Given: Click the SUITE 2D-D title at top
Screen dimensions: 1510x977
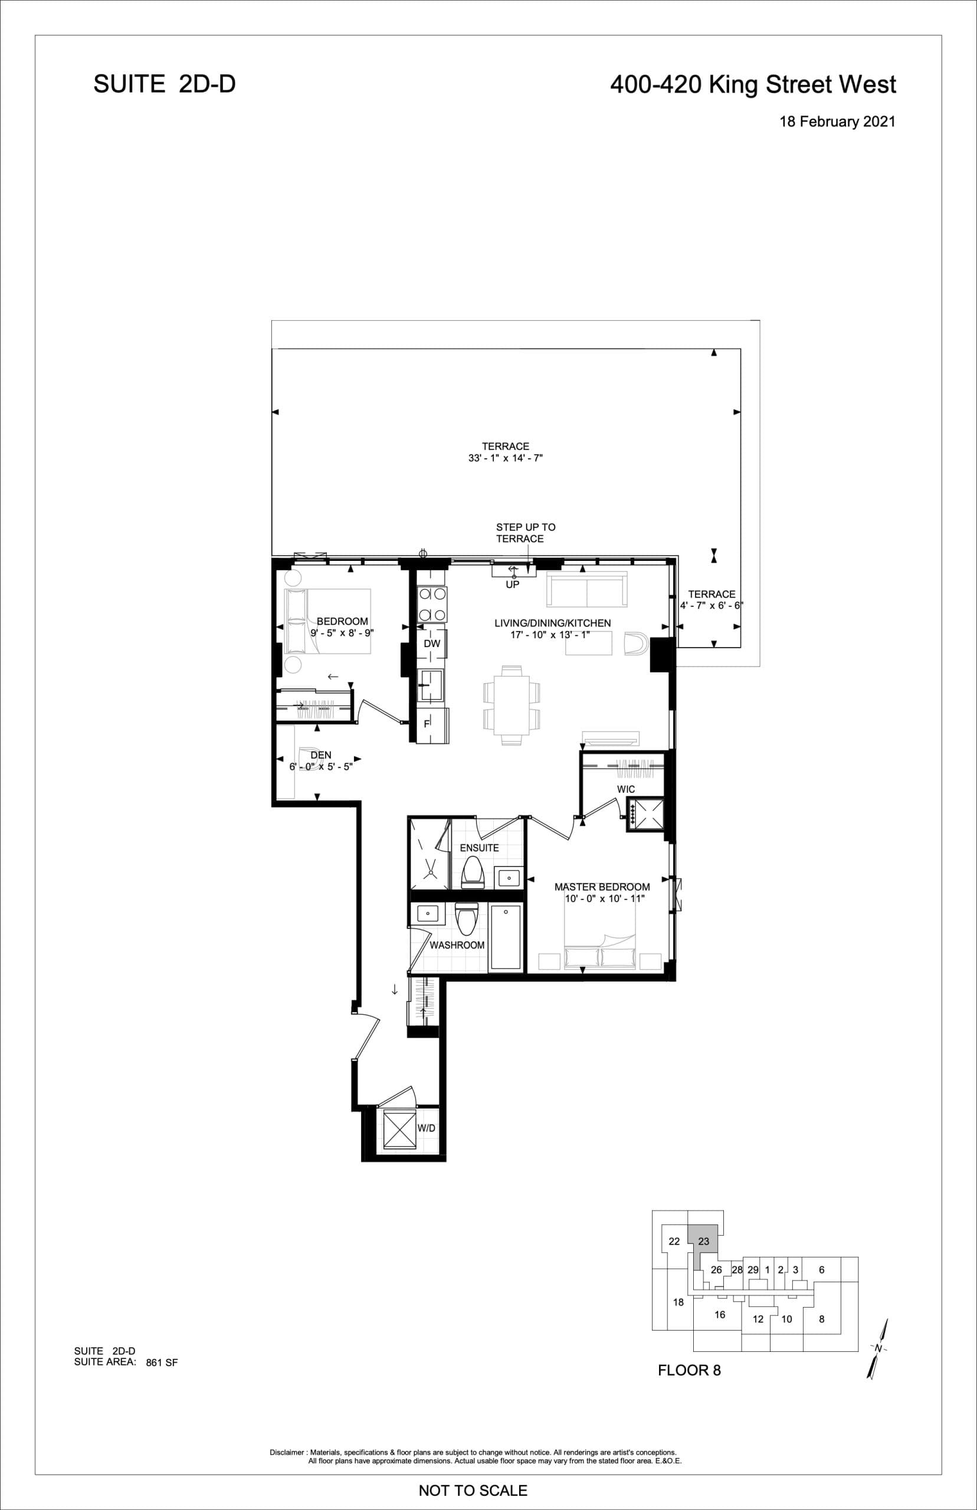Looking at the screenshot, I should [x=165, y=84].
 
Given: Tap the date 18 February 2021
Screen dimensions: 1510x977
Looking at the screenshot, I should [x=837, y=122].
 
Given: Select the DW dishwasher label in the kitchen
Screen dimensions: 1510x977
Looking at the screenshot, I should [x=431, y=644].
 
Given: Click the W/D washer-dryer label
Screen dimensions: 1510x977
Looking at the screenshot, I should [x=427, y=1128].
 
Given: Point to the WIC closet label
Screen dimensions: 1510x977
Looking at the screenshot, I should [x=625, y=789].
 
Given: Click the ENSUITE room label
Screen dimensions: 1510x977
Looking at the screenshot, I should [x=479, y=848].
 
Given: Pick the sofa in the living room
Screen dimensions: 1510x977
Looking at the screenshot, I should [x=586, y=590].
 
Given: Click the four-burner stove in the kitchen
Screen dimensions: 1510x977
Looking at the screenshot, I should [x=432, y=604].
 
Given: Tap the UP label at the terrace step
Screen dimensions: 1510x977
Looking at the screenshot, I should [x=512, y=585].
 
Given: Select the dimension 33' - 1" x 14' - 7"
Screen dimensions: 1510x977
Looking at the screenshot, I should [x=506, y=458].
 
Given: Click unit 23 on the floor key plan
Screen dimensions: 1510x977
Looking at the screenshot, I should [x=704, y=1241].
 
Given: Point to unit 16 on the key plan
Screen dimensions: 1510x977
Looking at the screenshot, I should [x=719, y=1315].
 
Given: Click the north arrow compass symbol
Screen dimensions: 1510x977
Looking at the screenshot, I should [x=878, y=1347].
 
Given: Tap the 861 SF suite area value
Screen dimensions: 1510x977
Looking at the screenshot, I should [x=162, y=1362].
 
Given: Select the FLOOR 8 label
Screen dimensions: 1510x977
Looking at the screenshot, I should [x=689, y=1370].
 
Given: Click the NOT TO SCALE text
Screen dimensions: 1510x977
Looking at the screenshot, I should [x=473, y=1491].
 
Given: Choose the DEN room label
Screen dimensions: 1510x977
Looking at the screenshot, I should [x=320, y=754].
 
